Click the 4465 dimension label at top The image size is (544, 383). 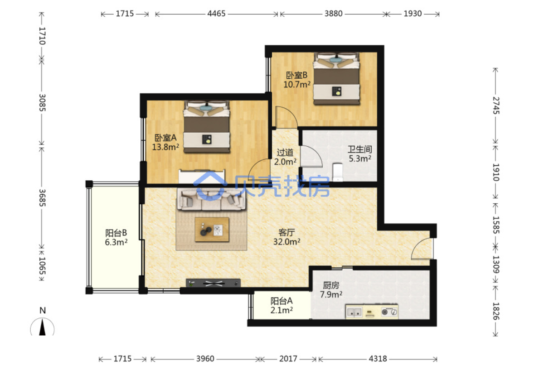click(216, 14)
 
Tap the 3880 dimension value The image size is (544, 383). click(334, 14)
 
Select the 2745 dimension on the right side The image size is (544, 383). click(495, 105)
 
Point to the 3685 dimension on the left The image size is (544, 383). click(42, 198)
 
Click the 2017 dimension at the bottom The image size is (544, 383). click(288, 359)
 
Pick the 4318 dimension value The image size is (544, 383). click(378, 359)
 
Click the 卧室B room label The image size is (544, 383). click(296, 75)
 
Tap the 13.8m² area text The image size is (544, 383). click(165, 147)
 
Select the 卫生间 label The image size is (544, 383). click(359, 149)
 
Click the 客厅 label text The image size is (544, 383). click(287, 232)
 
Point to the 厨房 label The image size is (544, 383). click(331, 285)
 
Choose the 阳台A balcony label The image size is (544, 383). click(282, 301)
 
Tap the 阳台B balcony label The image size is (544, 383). click(116, 233)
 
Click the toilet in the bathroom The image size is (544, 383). click(338, 172)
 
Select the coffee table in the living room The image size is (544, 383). click(212, 230)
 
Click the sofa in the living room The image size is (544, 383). click(211, 199)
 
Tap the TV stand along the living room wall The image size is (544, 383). click(213, 283)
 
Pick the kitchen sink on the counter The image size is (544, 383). click(354, 312)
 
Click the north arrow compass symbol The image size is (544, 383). click(43, 326)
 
